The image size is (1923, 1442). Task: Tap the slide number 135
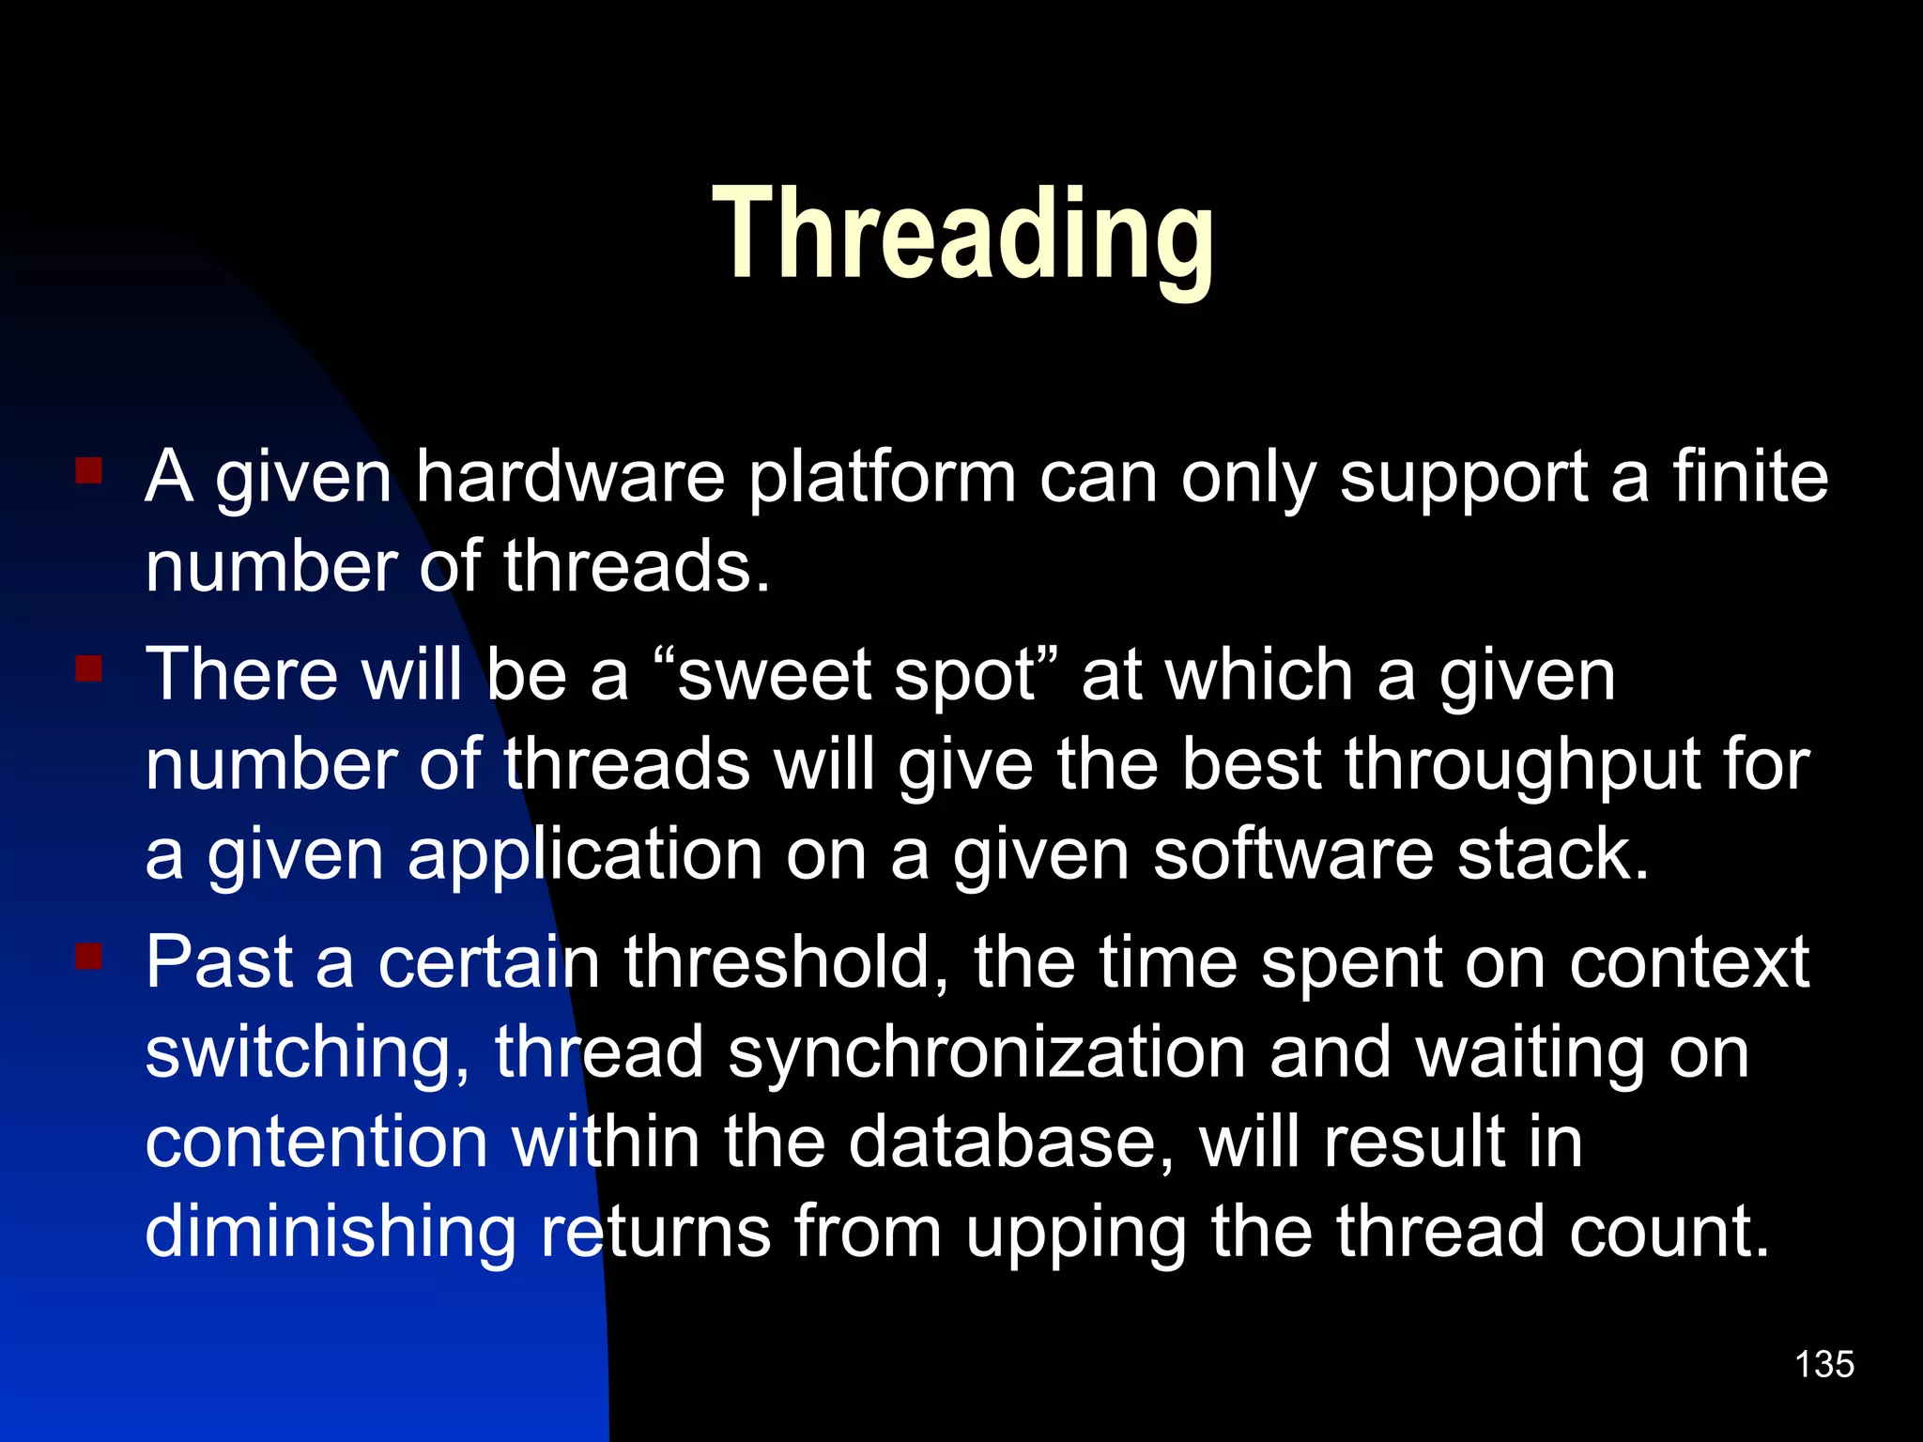pos(1823,1364)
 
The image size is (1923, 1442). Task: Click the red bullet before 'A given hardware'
pos(89,469)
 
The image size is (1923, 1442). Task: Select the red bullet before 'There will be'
pos(89,668)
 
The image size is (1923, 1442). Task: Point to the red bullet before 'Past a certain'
pos(89,957)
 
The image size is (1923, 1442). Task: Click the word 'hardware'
pos(570,477)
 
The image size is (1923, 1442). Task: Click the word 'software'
pos(1293,855)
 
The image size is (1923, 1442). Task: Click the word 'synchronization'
pos(987,1055)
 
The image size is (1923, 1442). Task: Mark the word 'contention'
pos(316,1143)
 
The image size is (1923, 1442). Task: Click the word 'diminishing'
pos(331,1234)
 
